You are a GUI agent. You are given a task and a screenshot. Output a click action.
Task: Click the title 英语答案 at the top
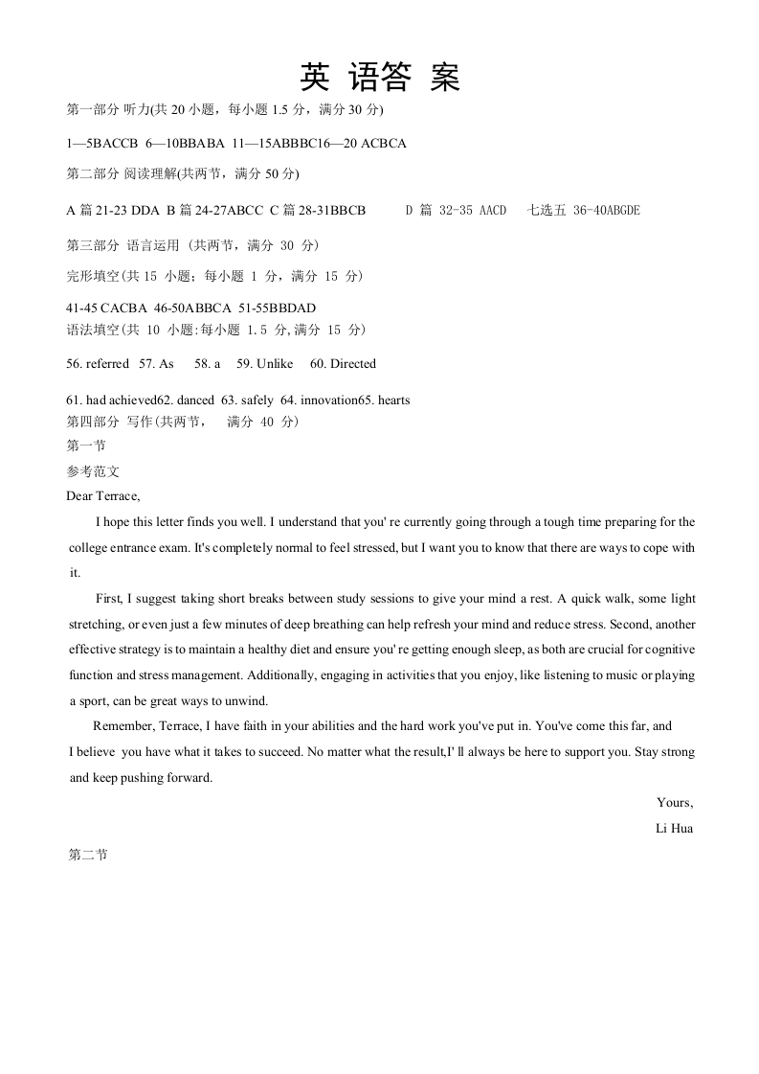(x=380, y=77)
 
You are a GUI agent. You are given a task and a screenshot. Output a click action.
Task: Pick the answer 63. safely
(x=243, y=400)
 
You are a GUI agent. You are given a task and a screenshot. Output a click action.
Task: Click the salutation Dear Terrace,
(x=103, y=495)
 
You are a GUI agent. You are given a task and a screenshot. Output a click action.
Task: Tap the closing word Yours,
(x=675, y=803)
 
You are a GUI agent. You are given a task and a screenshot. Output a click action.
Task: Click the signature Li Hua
(x=674, y=829)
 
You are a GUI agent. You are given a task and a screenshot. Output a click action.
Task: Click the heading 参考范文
(x=93, y=471)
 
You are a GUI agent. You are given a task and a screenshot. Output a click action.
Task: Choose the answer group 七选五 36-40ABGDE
(x=584, y=211)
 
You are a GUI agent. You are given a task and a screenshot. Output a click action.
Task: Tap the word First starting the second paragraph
(x=108, y=599)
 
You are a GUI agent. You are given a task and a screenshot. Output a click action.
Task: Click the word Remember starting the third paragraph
(x=123, y=726)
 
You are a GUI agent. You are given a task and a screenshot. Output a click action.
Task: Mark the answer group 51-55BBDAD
(x=278, y=308)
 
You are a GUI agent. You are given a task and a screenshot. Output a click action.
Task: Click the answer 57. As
(x=157, y=364)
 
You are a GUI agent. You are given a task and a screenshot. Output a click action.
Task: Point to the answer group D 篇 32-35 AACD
(x=456, y=211)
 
